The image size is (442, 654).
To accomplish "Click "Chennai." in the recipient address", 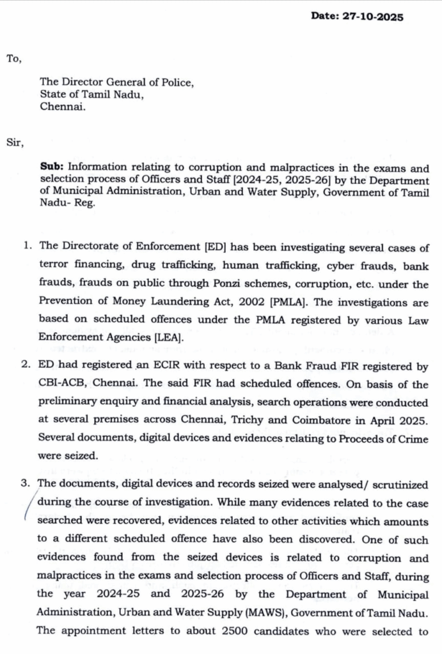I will click(x=63, y=107).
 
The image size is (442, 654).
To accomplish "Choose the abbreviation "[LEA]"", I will click(x=166, y=339).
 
